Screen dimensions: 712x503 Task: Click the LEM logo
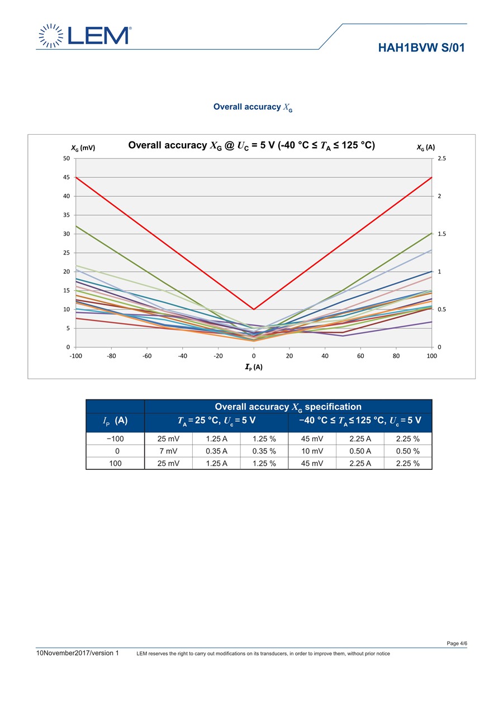pyautogui.click(x=84, y=35)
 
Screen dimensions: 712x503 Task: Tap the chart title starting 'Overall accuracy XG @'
pyautogui.click(x=251, y=145)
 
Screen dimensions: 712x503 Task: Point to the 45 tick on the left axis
pyautogui.click(x=66, y=177)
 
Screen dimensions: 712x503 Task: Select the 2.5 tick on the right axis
pyautogui.click(x=442, y=158)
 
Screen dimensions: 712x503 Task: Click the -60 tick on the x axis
pyautogui.click(x=146, y=356)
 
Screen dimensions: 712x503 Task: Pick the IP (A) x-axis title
pyautogui.click(x=254, y=367)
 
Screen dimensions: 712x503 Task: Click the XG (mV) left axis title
pyautogui.click(x=83, y=148)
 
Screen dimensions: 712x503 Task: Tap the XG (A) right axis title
pyautogui.click(x=426, y=148)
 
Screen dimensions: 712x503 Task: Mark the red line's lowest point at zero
pyautogui.click(x=254, y=309)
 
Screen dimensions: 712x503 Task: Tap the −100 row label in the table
pyautogui.click(x=115, y=439)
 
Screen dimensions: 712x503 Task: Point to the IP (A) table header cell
pyautogui.click(x=115, y=420)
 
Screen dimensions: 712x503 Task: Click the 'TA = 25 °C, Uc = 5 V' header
pyautogui.click(x=216, y=420)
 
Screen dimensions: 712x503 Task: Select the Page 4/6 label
pyautogui.click(x=457, y=643)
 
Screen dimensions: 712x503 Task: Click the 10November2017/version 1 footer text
pyautogui.click(x=78, y=653)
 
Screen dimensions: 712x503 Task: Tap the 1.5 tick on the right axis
pyautogui.click(x=442, y=234)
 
